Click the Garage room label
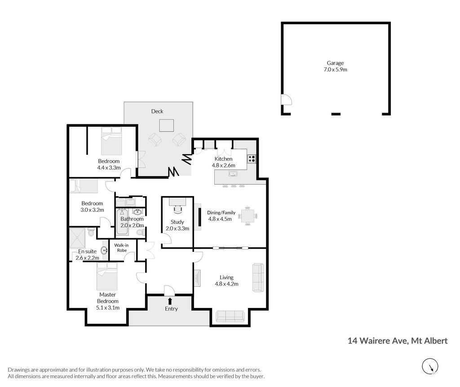[x=335, y=63]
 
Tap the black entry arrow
[x=169, y=301]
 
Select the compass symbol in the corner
[x=430, y=366]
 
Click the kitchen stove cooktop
[x=252, y=159]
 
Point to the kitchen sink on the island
[x=233, y=174]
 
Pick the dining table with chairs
[x=248, y=216]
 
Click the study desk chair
[x=177, y=208]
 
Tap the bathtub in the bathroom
[x=122, y=221]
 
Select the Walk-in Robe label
[x=121, y=248]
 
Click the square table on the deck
[x=166, y=125]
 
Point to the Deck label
[x=157, y=111]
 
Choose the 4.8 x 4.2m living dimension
[x=226, y=284]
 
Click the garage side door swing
[x=287, y=99]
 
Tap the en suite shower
[x=78, y=238]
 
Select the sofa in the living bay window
[x=230, y=316]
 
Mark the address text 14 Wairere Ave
[x=377, y=341]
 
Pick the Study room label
[x=177, y=222]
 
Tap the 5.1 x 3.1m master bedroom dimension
[x=108, y=308]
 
